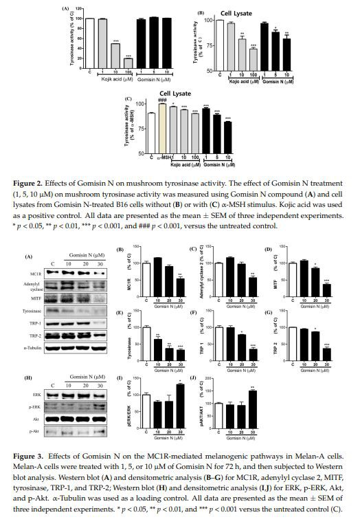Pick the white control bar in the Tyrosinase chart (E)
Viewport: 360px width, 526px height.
[x=146, y=343]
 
